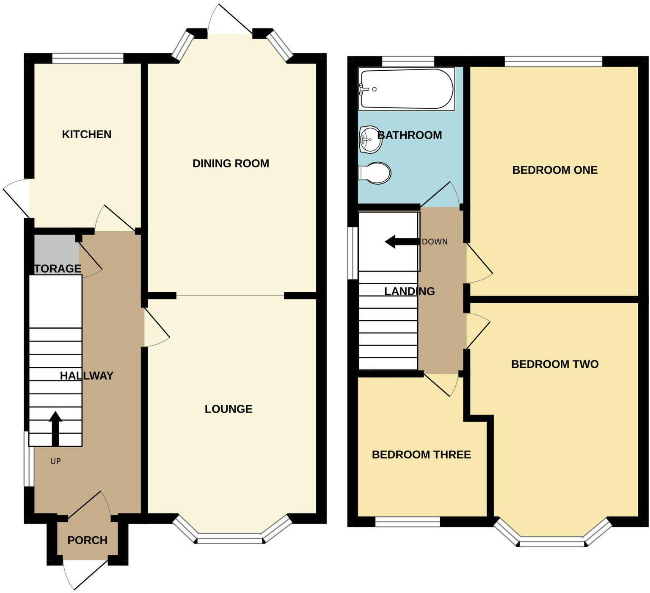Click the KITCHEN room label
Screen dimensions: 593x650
pyautogui.click(x=87, y=134)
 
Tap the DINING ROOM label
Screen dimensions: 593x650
pyautogui.click(x=231, y=163)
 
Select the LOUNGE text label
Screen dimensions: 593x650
pyautogui.click(x=229, y=409)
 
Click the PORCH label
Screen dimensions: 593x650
pyautogui.click(x=88, y=540)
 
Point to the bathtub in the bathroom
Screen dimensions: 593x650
pyautogui.click(x=405, y=89)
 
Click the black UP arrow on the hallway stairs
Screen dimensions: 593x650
pyautogui.click(x=55, y=428)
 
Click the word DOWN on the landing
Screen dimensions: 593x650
pyautogui.click(x=435, y=242)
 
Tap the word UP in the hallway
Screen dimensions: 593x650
pyautogui.click(x=55, y=461)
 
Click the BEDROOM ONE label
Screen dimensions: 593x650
pyautogui.click(x=555, y=170)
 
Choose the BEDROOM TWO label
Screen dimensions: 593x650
pyautogui.click(x=555, y=364)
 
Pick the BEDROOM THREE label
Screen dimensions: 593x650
pyautogui.click(x=421, y=455)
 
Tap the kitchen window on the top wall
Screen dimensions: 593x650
pyautogui.click(x=88, y=58)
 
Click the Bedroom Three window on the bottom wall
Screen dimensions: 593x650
pyautogui.click(x=408, y=521)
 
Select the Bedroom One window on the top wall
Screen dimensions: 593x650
pyautogui.click(x=553, y=61)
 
